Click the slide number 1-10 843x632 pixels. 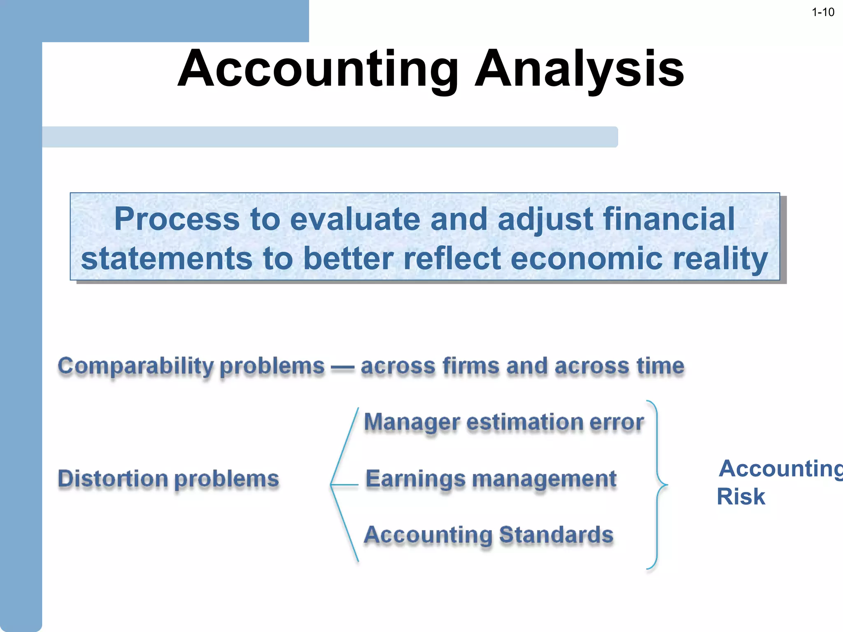(x=822, y=12)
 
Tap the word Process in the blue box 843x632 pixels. (x=177, y=219)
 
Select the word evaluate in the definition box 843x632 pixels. (x=355, y=219)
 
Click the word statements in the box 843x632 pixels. (x=166, y=258)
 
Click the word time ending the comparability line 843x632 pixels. (x=660, y=366)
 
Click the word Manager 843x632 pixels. (x=412, y=423)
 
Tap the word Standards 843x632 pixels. (x=556, y=535)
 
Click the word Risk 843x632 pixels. (x=741, y=497)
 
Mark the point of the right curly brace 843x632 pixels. (x=666, y=485)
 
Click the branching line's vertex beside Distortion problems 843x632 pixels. (x=331, y=485)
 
